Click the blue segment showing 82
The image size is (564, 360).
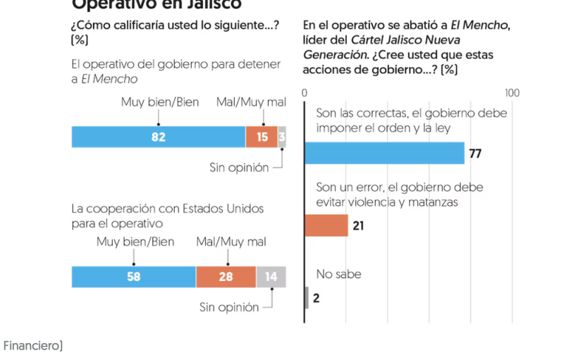point(158,137)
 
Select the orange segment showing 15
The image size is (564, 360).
point(262,137)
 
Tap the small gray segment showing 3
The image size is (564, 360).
point(282,137)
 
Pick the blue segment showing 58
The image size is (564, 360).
point(133,277)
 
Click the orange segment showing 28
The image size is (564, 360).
point(226,277)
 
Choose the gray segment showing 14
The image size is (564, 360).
point(271,277)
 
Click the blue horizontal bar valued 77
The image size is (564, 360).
point(384,153)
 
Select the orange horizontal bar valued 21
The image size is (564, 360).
point(326,225)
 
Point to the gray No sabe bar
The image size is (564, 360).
point(307,298)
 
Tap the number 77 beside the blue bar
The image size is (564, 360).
point(475,154)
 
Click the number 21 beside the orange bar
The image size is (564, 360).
point(358,226)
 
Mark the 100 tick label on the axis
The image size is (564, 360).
point(512,93)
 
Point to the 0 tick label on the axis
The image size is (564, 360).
point(305,93)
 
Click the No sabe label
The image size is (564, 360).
point(338,274)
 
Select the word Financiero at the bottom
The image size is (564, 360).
point(32,345)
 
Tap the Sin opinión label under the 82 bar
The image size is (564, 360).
point(239,167)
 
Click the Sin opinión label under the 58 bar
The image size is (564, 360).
point(229,306)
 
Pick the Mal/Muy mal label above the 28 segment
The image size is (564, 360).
point(231,242)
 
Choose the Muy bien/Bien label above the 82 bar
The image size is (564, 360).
point(159,102)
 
